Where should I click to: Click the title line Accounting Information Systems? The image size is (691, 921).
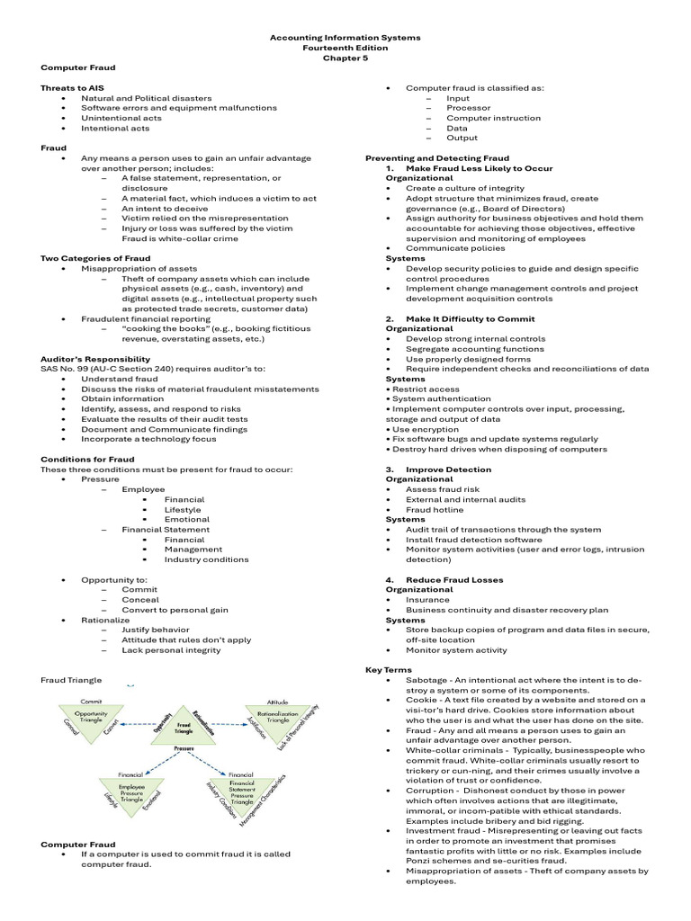(x=345, y=38)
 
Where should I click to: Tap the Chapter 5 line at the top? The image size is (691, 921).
(x=345, y=58)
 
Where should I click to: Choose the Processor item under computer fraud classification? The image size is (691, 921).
(x=468, y=108)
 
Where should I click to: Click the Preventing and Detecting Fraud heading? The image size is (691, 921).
(x=436, y=158)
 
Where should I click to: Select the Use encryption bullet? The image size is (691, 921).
(x=426, y=429)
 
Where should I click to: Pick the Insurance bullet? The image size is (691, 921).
(x=426, y=600)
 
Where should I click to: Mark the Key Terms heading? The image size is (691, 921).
(x=388, y=670)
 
